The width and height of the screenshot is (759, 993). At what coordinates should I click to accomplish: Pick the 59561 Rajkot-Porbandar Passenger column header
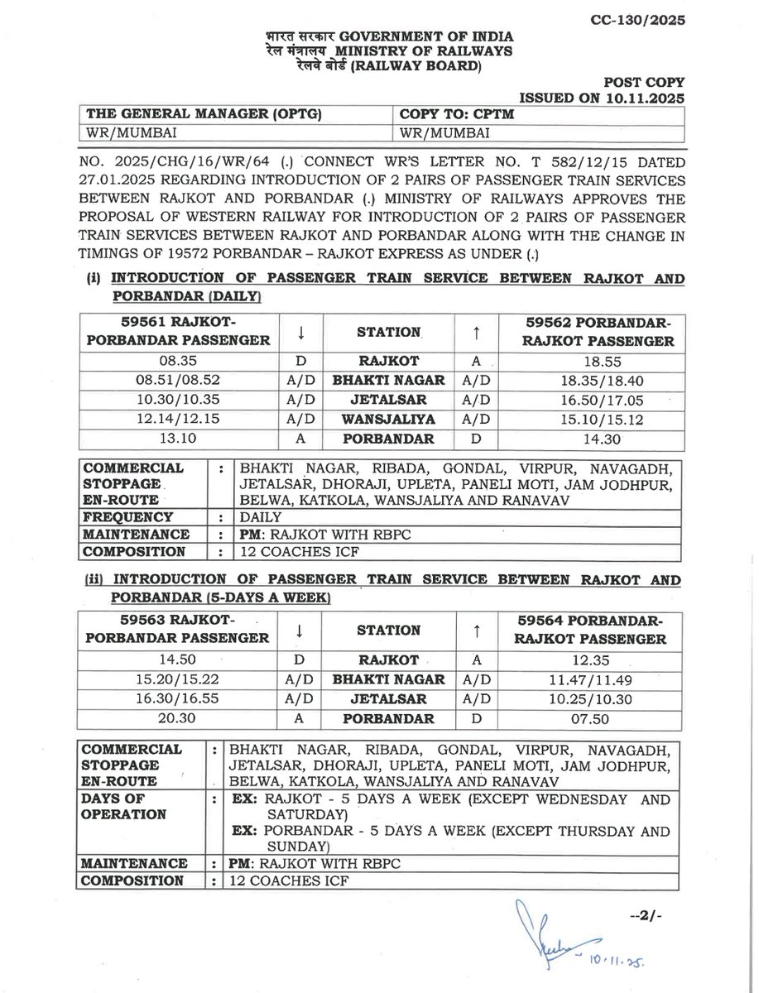tap(181, 331)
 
